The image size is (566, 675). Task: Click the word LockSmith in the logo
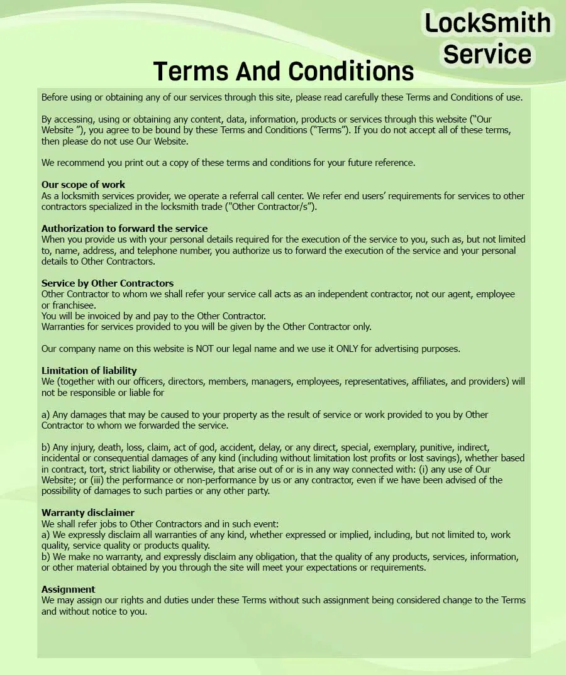coord(487,23)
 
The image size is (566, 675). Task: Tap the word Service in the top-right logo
coord(487,54)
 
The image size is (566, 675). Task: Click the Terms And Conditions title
coord(284,71)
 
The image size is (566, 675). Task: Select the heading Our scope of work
coord(83,185)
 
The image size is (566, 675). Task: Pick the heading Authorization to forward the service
coord(125,229)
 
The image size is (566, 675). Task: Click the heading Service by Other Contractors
coord(108,283)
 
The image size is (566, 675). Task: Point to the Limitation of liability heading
coord(89,371)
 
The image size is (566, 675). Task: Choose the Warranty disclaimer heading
coord(88,513)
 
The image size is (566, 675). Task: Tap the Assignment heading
coord(69,590)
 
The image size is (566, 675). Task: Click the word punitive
coord(436,447)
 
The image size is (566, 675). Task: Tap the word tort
coord(92,469)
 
